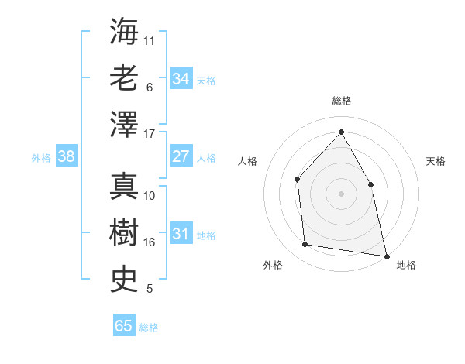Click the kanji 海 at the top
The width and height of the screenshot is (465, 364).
click(x=125, y=33)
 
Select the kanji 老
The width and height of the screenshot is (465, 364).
click(x=125, y=78)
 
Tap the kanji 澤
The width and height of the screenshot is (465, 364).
click(x=125, y=124)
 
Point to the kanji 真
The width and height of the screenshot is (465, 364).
click(x=125, y=187)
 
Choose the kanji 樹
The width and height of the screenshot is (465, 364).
click(x=125, y=232)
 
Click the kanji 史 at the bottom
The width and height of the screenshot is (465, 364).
click(x=125, y=278)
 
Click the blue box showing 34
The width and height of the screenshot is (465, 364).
click(x=181, y=79)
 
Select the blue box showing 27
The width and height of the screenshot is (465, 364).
click(x=181, y=156)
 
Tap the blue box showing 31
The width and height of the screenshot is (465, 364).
click(x=181, y=234)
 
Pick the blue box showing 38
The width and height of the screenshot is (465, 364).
click(x=66, y=156)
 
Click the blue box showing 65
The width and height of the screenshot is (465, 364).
click(x=123, y=326)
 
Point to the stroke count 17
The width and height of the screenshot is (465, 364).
click(x=150, y=134)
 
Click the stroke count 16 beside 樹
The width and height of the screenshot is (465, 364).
click(x=150, y=242)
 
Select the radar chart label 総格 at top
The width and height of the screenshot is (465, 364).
click(x=341, y=101)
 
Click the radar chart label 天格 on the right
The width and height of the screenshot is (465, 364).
click(x=436, y=161)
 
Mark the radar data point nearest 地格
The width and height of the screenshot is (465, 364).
click(x=386, y=255)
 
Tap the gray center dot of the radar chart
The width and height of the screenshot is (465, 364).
click(x=341, y=194)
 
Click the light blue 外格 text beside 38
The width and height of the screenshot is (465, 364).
click(x=41, y=157)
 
